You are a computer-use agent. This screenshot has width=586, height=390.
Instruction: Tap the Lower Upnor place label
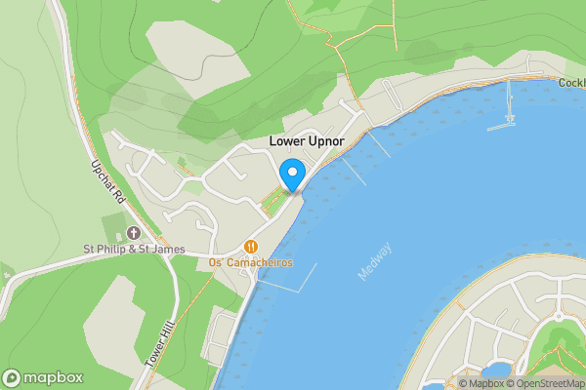(x=308, y=141)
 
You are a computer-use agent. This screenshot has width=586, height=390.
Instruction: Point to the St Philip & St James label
(x=133, y=250)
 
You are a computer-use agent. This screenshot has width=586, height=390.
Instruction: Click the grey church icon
(x=134, y=233)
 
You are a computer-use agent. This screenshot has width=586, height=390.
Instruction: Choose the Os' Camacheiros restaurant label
(x=251, y=263)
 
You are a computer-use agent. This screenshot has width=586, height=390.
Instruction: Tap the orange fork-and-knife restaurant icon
(x=252, y=248)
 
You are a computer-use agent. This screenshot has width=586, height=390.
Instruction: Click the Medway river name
(x=374, y=261)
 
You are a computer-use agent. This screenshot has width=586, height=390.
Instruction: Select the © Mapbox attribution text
(x=481, y=383)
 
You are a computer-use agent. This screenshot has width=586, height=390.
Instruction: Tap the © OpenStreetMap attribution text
(x=545, y=383)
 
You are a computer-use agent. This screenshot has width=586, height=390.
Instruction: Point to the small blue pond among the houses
(x=496, y=370)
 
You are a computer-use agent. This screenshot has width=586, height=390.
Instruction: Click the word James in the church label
(x=167, y=250)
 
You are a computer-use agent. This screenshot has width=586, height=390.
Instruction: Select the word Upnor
(x=327, y=141)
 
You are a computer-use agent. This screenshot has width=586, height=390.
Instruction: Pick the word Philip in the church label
(x=121, y=250)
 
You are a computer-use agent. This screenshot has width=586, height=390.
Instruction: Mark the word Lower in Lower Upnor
(x=287, y=141)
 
